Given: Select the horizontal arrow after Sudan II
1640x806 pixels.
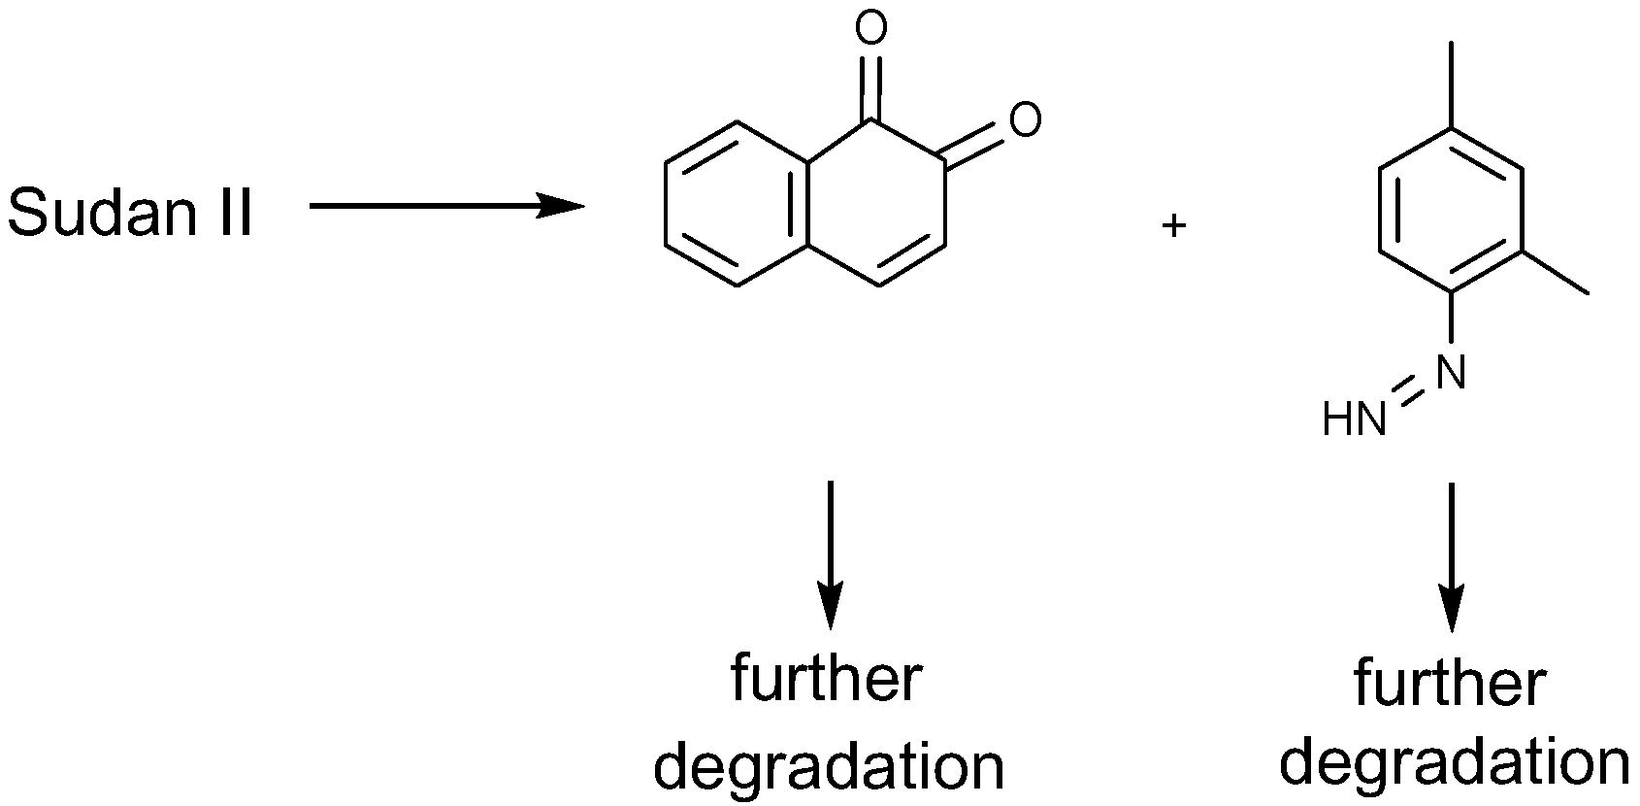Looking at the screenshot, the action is tap(445, 206).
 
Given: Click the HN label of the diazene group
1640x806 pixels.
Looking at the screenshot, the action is tap(1354, 420).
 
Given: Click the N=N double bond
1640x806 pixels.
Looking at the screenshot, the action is tap(1405, 395).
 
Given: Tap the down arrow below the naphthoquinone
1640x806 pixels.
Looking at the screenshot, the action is tap(830, 554).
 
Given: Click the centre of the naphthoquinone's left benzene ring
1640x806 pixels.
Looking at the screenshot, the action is tap(736, 204).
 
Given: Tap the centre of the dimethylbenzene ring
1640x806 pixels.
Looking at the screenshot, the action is tap(1451, 209).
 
